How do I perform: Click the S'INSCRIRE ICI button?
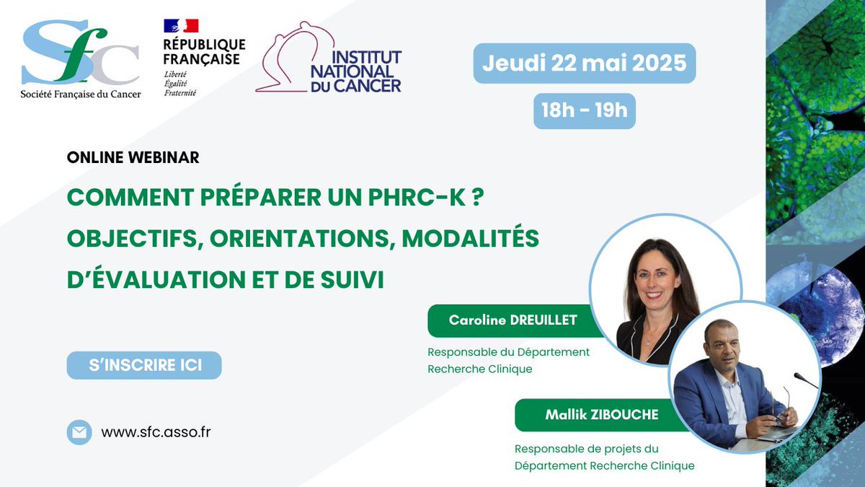click(x=144, y=365)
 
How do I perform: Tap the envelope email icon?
click(x=79, y=432)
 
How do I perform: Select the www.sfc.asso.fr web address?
click(x=156, y=432)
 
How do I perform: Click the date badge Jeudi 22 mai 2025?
click(x=585, y=63)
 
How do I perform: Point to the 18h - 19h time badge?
click(x=585, y=110)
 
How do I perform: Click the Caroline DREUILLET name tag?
click(x=513, y=320)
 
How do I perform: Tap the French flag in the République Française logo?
click(x=181, y=26)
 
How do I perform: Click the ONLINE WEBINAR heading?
click(x=133, y=157)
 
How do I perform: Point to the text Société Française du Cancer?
click(x=81, y=93)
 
